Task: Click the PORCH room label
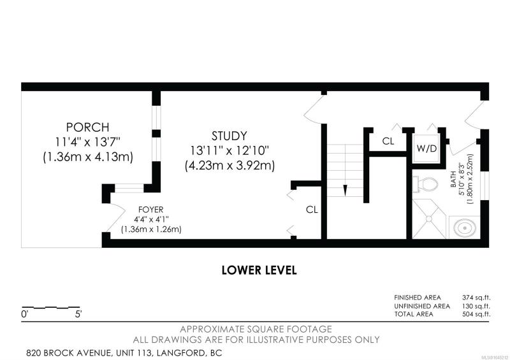coord(88,127)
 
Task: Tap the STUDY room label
coord(229,136)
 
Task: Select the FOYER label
coord(151,210)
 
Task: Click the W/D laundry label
coord(426,148)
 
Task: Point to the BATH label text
coord(453,180)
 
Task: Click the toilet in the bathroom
coord(425,185)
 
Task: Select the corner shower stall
coord(429,219)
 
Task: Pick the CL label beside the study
coord(312,210)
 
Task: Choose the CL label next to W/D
coord(388,141)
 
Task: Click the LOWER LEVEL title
coord(259,270)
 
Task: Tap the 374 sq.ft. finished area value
coord(476,297)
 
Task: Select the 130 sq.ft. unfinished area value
coord(476,306)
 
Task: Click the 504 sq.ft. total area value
coord(476,314)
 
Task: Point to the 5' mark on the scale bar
coord(78,314)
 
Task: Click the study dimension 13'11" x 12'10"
coord(230,150)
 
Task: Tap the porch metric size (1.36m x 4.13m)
coord(88,157)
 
